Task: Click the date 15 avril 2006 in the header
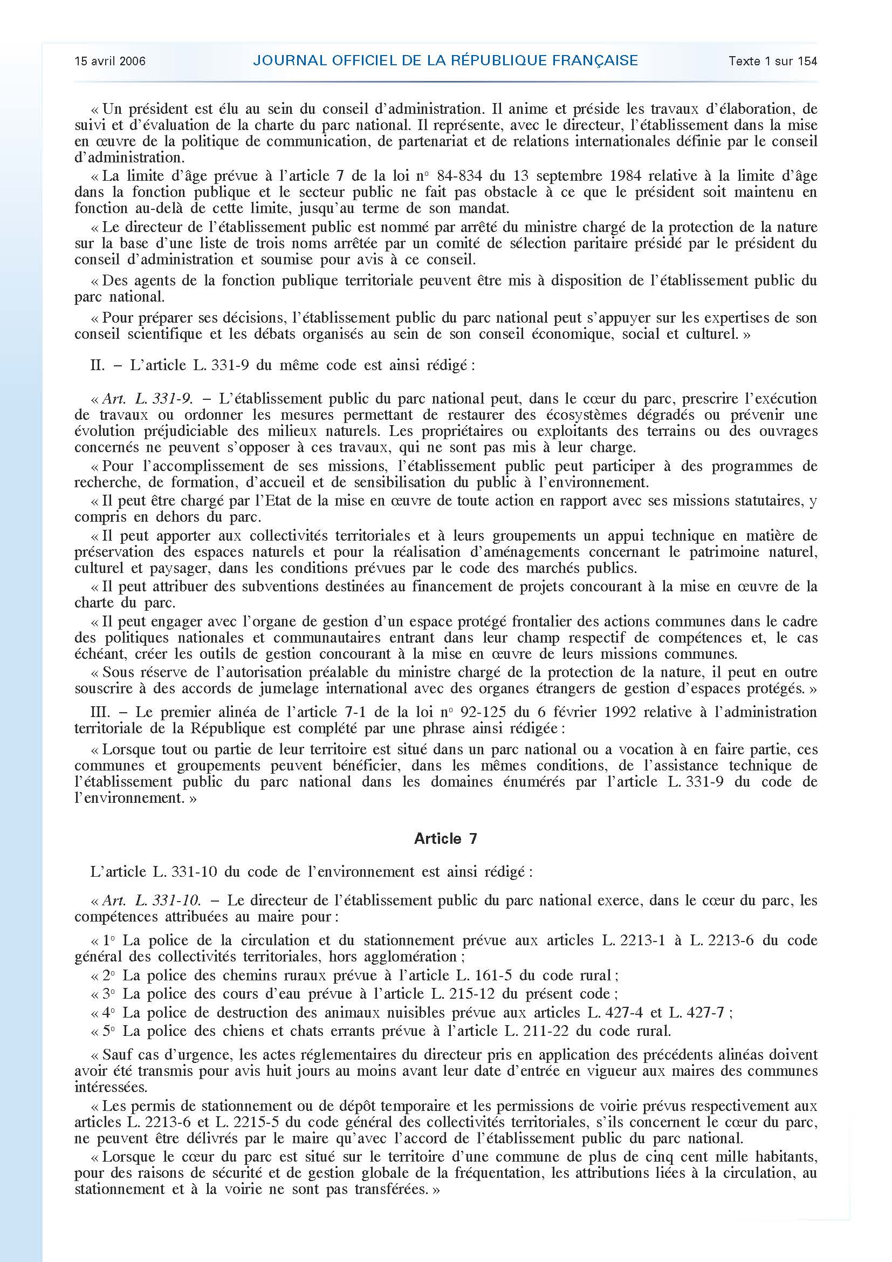click(110, 62)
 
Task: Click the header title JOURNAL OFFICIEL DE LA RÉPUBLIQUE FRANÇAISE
click(445, 61)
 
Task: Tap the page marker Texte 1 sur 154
click(773, 62)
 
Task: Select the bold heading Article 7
click(445, 839)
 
